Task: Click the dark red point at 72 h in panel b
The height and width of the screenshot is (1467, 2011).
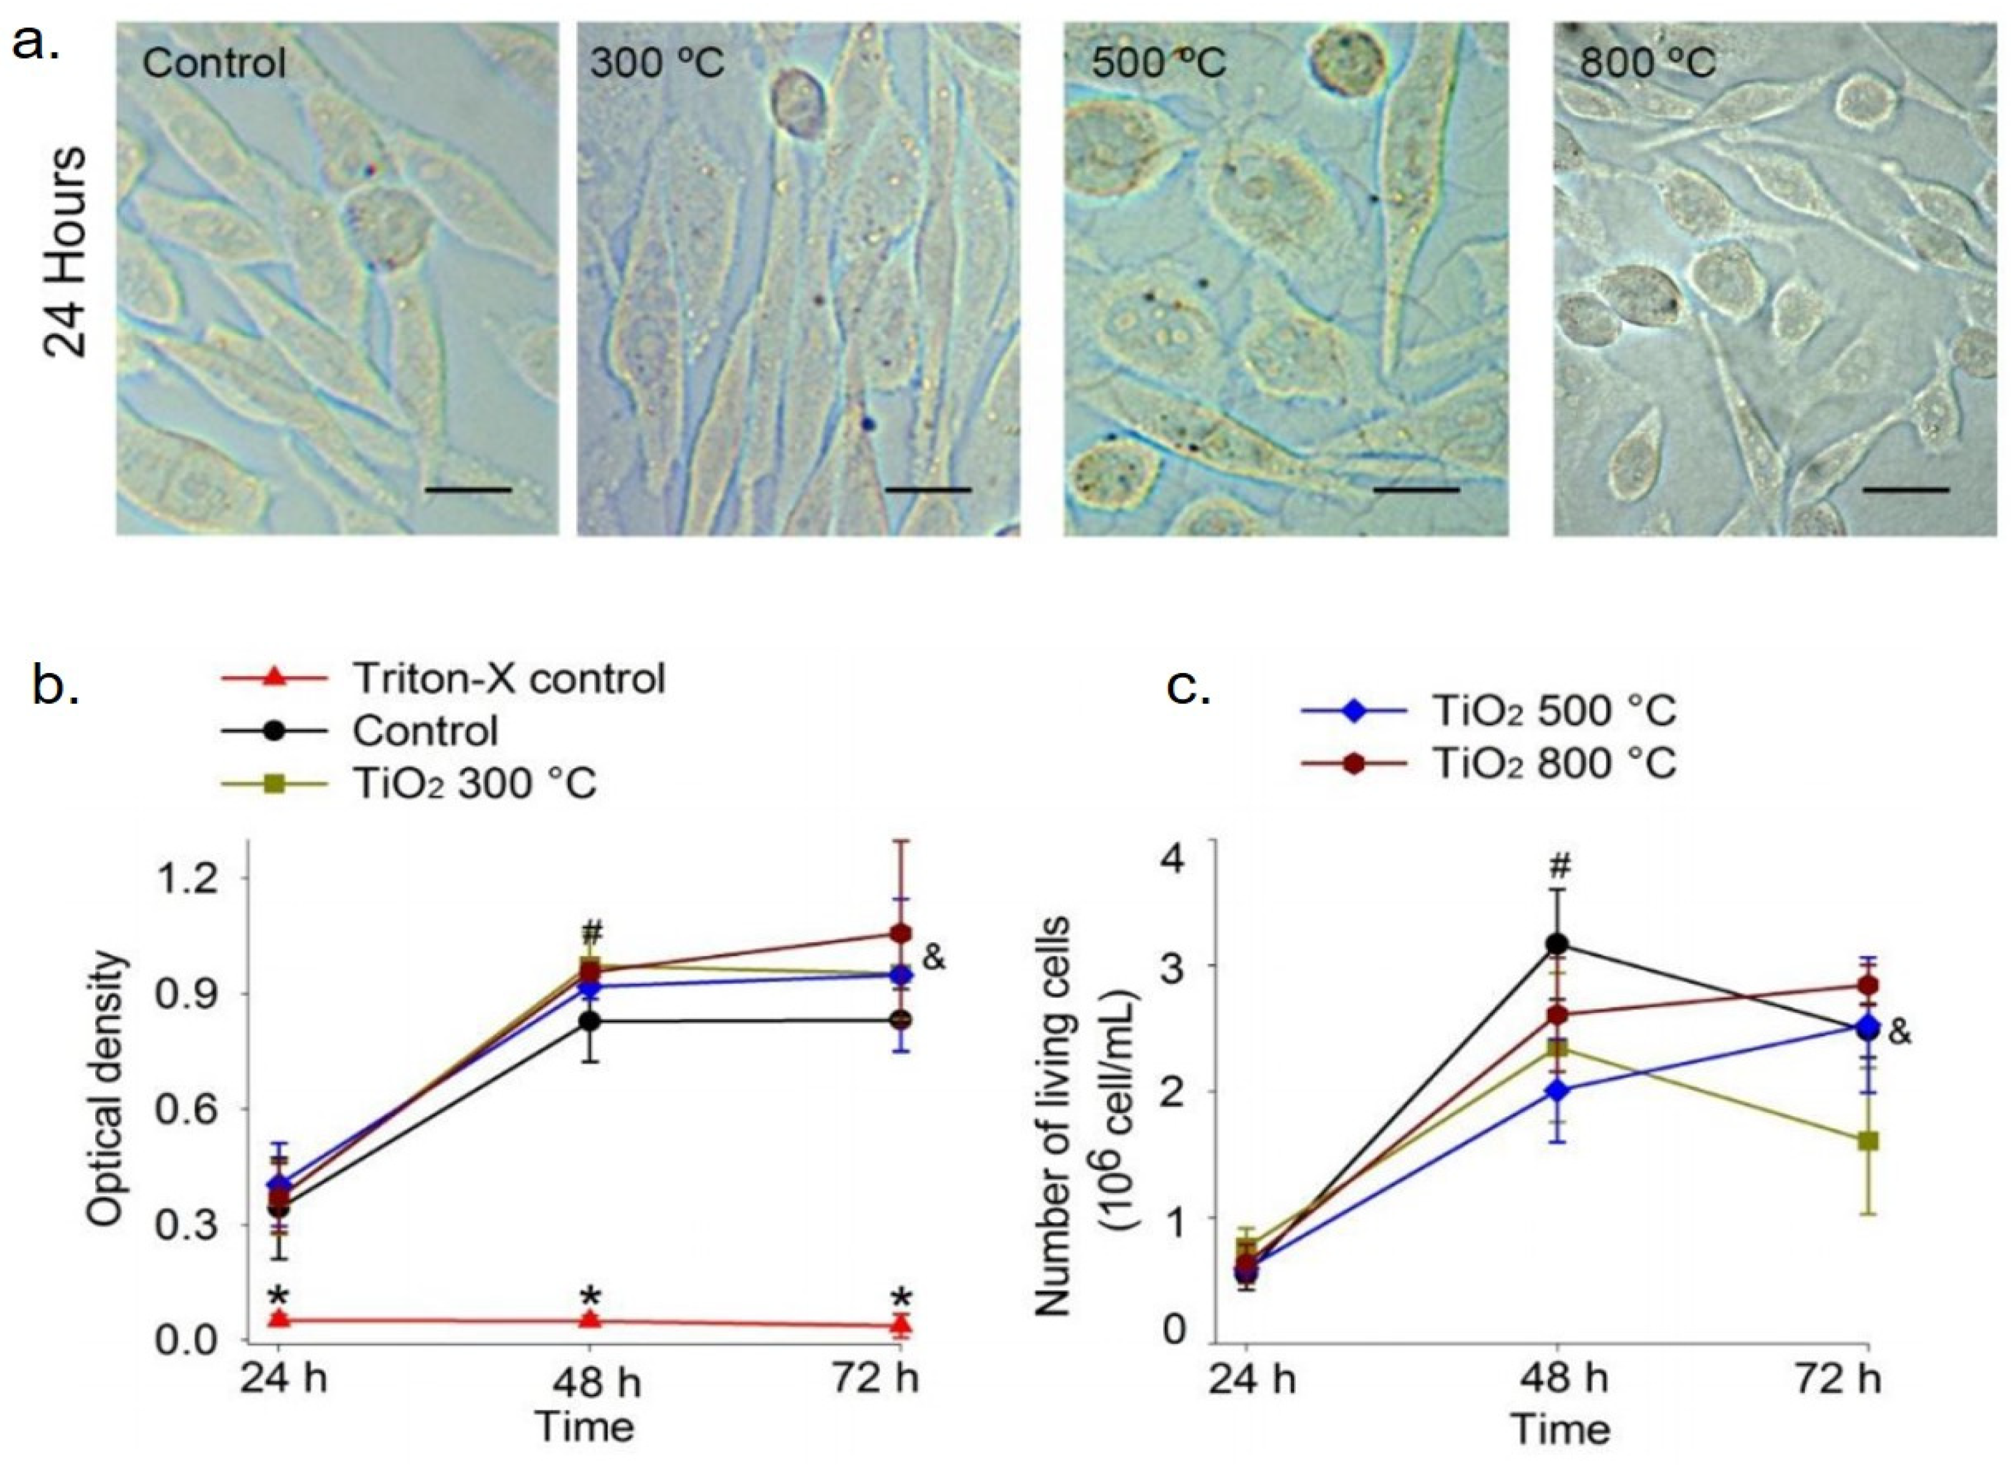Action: tap(901, 933)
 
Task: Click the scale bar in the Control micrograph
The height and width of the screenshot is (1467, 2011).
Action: tap(468, 488)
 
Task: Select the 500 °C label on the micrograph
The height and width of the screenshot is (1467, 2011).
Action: tap(1158, 64)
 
